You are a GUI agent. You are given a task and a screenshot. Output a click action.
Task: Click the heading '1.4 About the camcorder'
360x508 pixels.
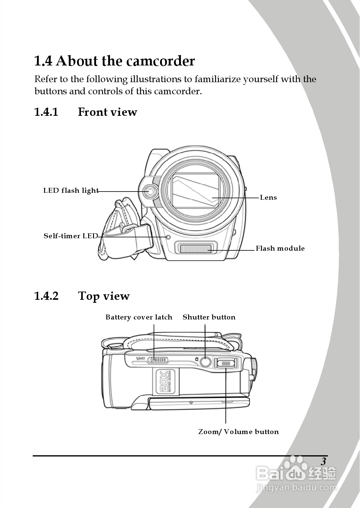pyautogui.click(x=114, y=61)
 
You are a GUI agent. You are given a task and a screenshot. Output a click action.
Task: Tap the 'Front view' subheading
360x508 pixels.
pyautogui.click(x=107, y=112)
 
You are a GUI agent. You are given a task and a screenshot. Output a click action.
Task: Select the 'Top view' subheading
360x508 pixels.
pyautogui.click(x=104, y=296)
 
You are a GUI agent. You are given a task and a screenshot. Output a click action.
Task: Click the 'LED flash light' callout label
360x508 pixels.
pyautogui.click(x=71, y=191)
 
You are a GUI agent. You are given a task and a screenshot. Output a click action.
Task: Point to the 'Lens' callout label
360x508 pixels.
pyautogui.click(x=268, y=198)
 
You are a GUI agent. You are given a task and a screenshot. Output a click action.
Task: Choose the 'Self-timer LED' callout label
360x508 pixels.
pyautogui.click(x=71, y=236)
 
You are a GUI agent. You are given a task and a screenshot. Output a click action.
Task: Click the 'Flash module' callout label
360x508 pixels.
pyautogui.click(x=280, y=249)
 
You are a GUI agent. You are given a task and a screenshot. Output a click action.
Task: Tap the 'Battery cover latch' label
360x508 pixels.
pyautogui.click(x=139, y=317)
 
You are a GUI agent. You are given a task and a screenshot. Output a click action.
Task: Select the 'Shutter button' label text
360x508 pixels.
pyautogui.click(x=209, y=317)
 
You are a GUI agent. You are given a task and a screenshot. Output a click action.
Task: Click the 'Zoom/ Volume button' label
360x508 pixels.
pyautogui.click(x=238, y=432)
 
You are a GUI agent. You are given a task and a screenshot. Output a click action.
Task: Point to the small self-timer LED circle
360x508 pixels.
pyautogui.click(x=168, y=237)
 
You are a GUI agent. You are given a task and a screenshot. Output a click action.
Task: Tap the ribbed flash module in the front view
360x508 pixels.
pyautogui.click(x=196, y=249)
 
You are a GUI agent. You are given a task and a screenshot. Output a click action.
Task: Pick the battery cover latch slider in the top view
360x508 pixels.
pyautogui.click(x=159, y=360)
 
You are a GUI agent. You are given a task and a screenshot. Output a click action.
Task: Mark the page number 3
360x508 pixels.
pyautogui.click(x=323, y=461)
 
